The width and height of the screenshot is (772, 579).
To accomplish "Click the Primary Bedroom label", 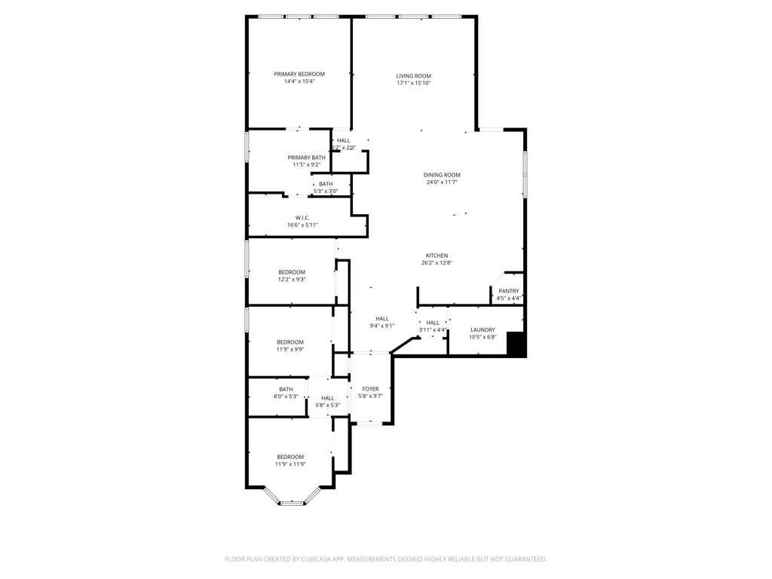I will [299, 74].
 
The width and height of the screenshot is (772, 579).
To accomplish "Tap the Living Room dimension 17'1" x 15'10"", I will [413, 83].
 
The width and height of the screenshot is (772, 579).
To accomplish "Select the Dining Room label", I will [441, 175].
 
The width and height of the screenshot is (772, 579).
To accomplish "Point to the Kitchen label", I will [437, 256].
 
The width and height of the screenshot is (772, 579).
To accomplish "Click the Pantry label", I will [509, 291].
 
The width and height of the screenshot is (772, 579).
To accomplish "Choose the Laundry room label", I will [482, 329].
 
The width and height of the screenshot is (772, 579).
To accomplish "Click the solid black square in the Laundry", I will [516, 344].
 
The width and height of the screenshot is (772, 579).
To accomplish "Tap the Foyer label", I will [370, 389].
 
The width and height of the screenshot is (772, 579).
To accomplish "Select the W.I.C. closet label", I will [302, 218].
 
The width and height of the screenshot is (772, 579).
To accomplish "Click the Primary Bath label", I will [306, 157].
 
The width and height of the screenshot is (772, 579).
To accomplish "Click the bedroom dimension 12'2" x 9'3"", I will [292, 280].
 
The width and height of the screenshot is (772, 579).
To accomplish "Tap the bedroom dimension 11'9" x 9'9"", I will [289, 349].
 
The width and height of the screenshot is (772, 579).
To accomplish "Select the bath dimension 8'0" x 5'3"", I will [286, 397].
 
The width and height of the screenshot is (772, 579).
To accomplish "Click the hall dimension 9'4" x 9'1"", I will [381, 326].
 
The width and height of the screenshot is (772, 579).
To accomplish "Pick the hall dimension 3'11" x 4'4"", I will [432, 330].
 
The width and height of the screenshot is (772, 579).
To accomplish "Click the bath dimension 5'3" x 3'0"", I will [326, 191].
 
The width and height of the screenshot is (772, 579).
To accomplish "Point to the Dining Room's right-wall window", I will [525, 174].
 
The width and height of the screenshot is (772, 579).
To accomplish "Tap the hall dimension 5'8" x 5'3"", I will [327, 406].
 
